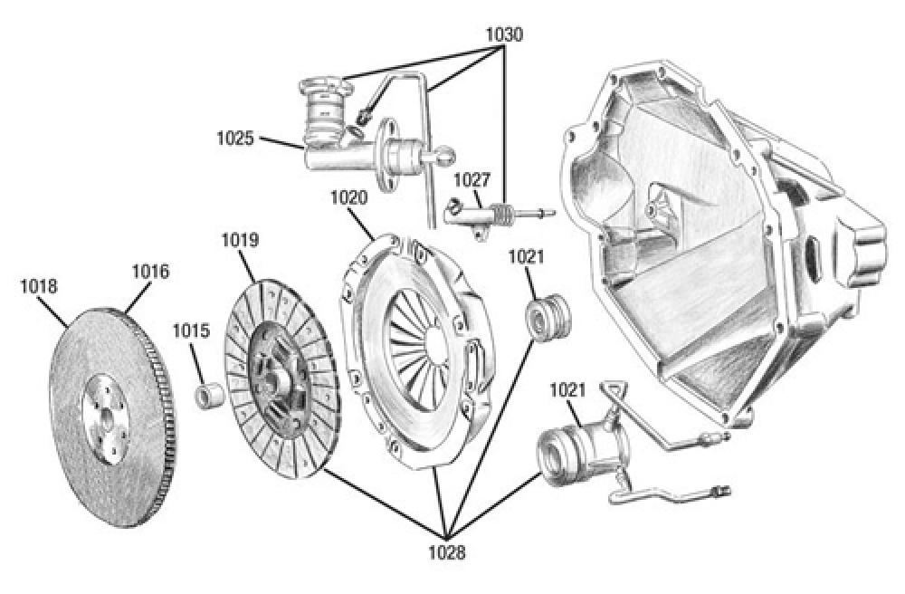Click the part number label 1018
[38, 287]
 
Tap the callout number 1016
[150, 271]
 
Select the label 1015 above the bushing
[192, 331]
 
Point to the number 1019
[240, 241]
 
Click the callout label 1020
[348, 197]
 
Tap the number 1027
[472, 179]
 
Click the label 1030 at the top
[504, 34]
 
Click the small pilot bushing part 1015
[211, 396]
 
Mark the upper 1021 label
[526, 257]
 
